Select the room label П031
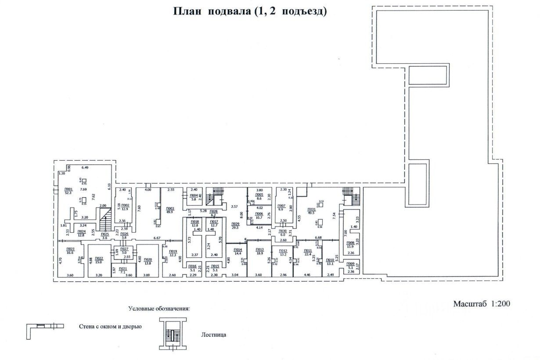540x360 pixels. (x=311, y=209)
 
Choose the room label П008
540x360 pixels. (x=350, y=242)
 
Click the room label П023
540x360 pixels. (x=70, y=249)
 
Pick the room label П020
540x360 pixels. (x=148, y=259)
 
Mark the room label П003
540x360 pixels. (x=171, y=209)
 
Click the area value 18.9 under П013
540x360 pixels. (x=259, y=253)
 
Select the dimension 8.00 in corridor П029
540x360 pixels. (x=241, y=215)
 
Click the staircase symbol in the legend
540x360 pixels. (x=171, y=335)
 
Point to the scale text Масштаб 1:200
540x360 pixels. (x=482, y=303)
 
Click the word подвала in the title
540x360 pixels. (x=230, y=11)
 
